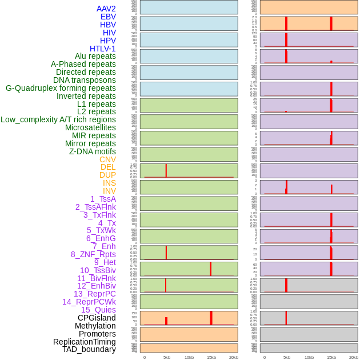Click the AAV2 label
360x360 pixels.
click(x=106, y=9)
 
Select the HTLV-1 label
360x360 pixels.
click(x=103, y=49)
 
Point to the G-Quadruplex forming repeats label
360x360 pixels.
click(x=61, y=88)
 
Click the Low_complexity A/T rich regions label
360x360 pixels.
click(x=58, y=119)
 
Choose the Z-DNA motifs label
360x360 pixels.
click(x=93, y=151)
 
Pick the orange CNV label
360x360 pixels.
click(x=107, y=159)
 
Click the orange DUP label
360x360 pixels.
click(x=107, y=175)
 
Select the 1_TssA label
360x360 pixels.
click(x=103, y=199)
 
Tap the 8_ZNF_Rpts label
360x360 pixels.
click(x=93, y=254)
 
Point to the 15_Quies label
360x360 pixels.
click(x=98, y=310)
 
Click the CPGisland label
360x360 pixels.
click(x=97, y=318)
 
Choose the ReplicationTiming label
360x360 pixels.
click(x=85, y=342)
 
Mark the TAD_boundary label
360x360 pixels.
click(x=89, y=349)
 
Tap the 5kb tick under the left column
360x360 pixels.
click(x=167, y=357)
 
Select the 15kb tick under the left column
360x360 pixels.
click(x=211, y=357)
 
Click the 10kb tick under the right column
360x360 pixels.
click(x=309, y=357)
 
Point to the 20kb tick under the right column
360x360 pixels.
click(x=354, y=357)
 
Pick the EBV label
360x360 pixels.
click(x=108, y=17)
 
